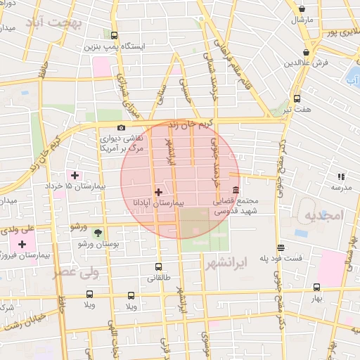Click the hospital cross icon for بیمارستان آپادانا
[158, 192]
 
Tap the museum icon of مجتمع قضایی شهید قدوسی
[235, 191]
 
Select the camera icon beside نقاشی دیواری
[122, 128]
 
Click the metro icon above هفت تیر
[297, 99]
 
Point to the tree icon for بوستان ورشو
[98, 233]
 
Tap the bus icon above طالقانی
[158, 266]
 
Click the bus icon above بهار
[316, 287]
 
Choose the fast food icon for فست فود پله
[281, 247]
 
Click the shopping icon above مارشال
[302, 9]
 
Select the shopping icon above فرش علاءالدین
[307, 53]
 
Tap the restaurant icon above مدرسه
[341, 177]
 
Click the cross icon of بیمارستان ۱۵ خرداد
[75, 174]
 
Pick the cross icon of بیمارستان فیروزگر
[22, 244]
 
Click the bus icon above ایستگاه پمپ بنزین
[115, 35]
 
